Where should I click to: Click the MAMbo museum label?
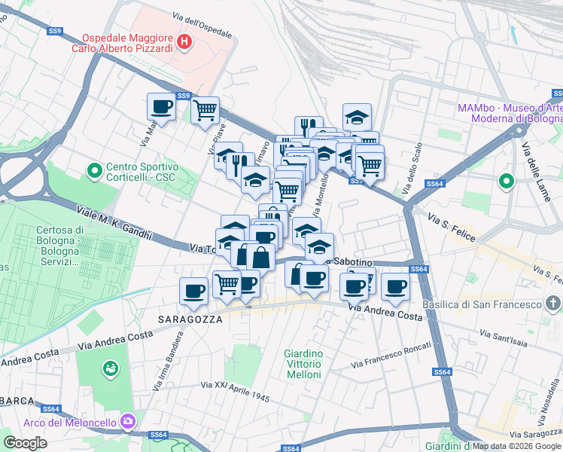click(510, 113)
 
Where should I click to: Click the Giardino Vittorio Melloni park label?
click(303, 364)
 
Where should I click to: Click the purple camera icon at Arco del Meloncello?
click(128, 420)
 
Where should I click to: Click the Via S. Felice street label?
click(452, 227)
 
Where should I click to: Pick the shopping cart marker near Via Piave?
click(205, 111)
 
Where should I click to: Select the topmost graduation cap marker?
click(357, 117)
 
